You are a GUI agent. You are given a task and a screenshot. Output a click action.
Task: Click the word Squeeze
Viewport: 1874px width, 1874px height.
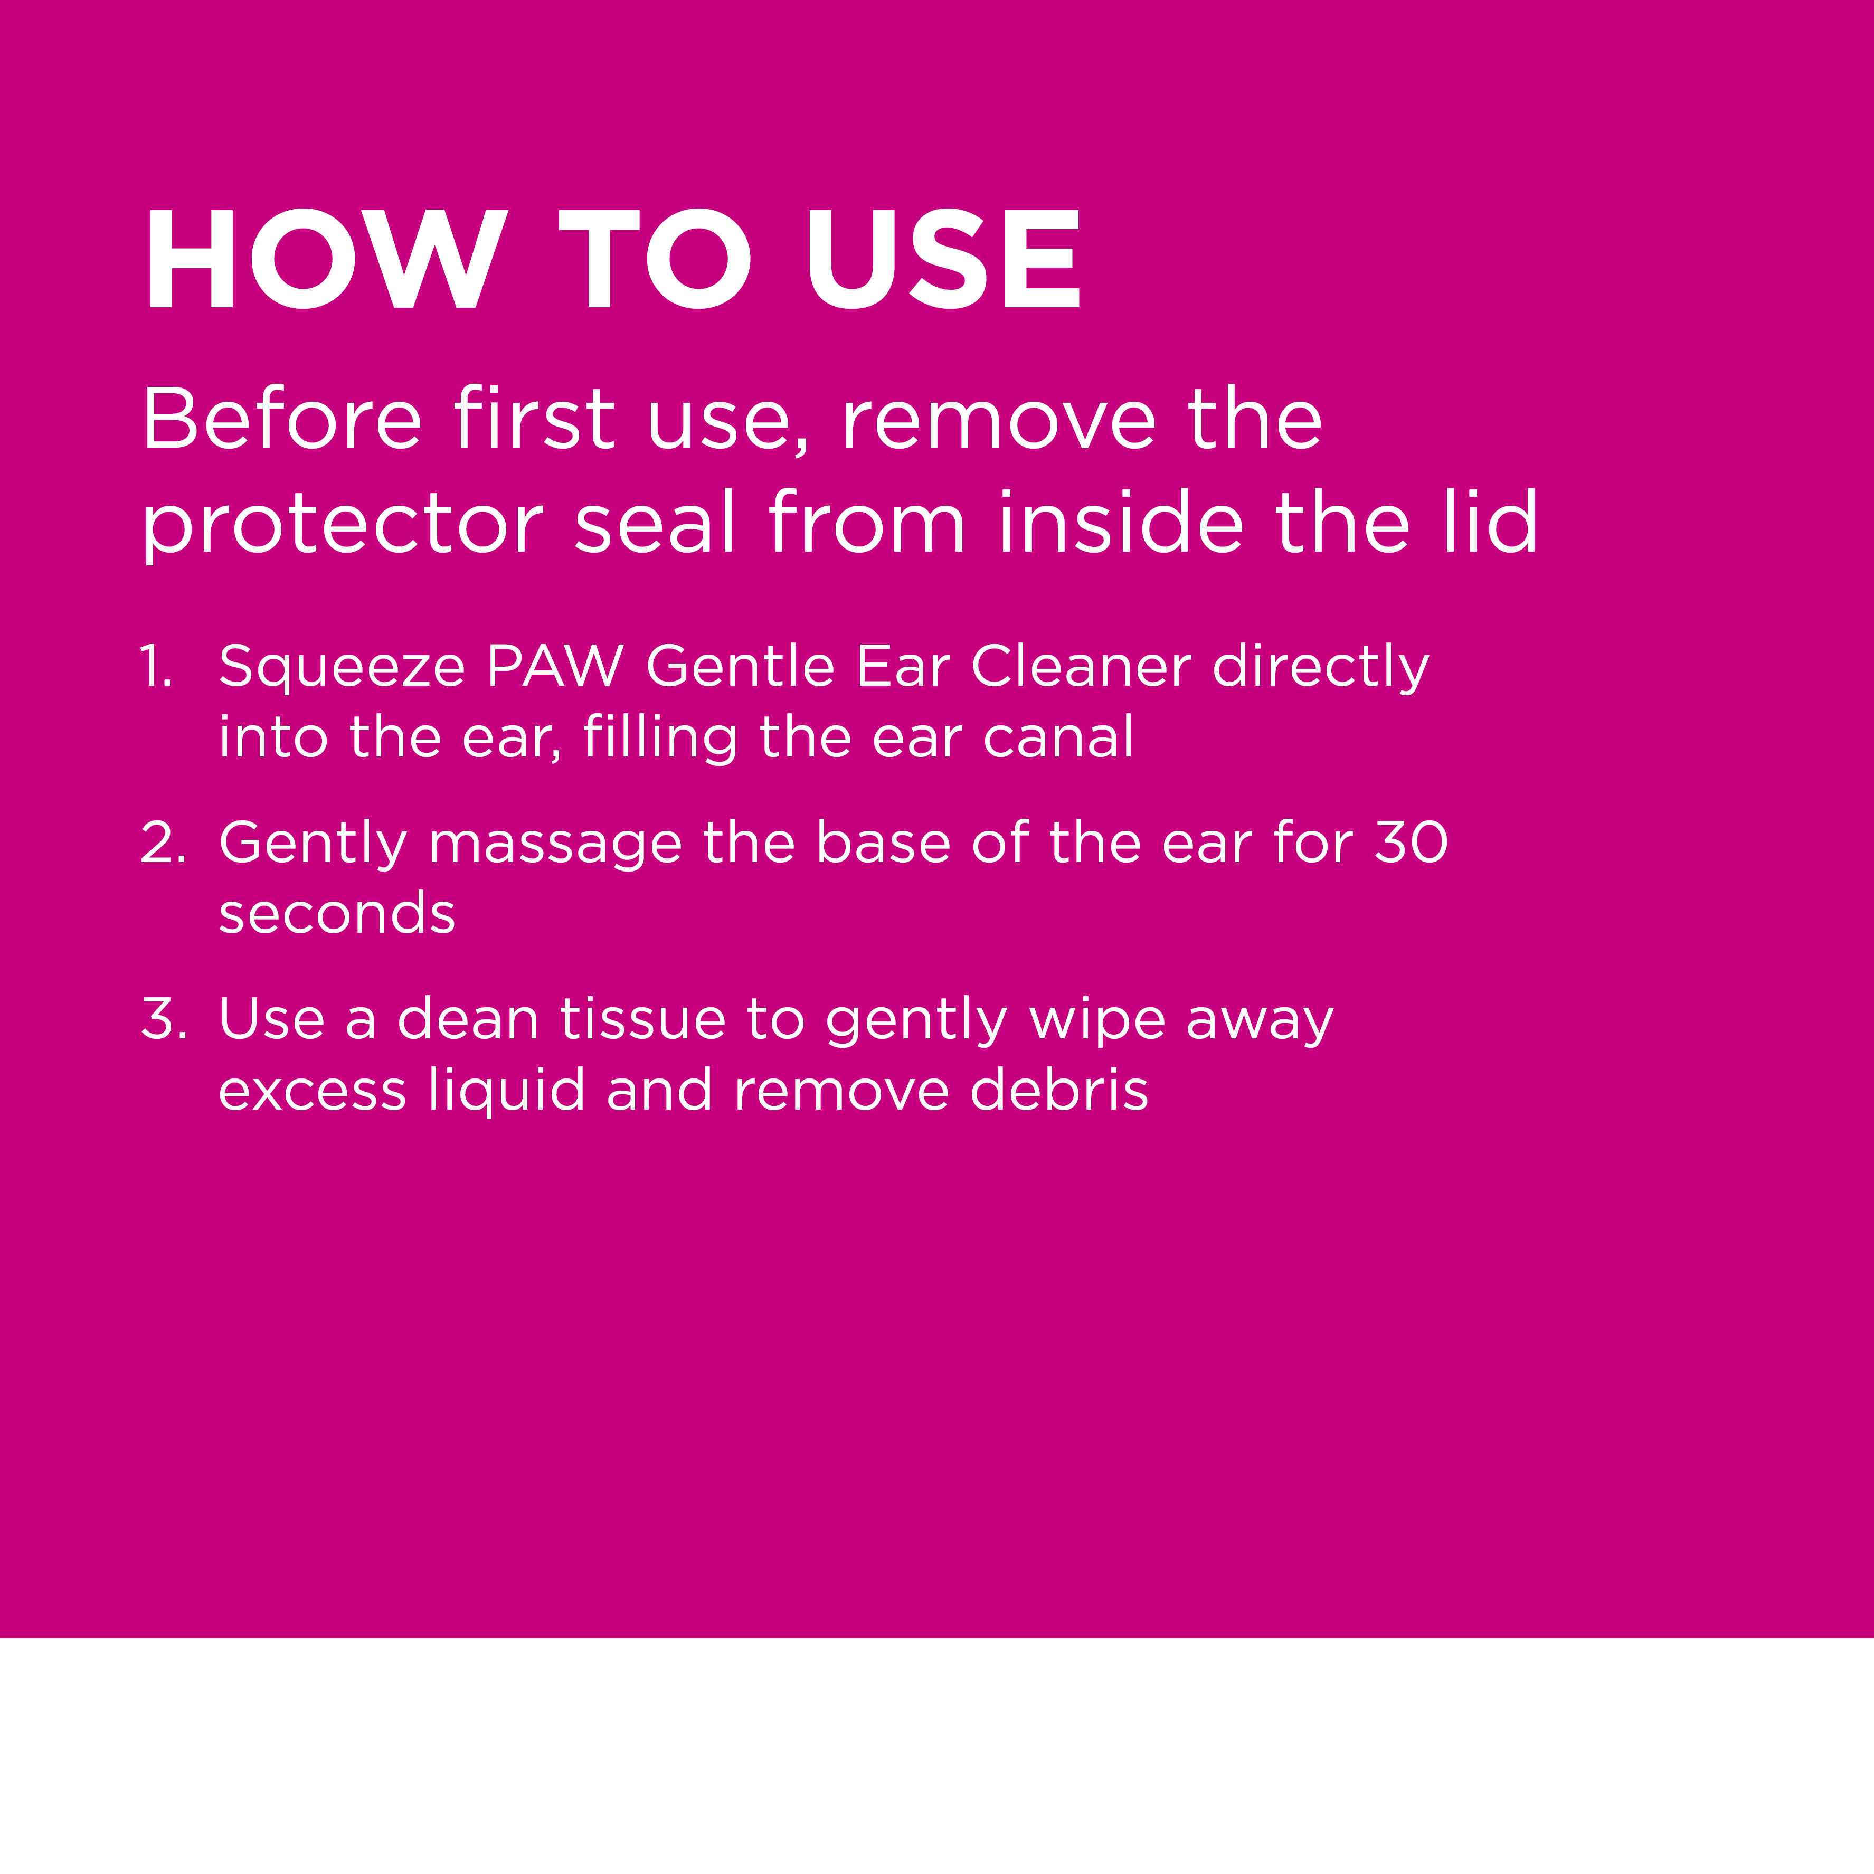[342, 669]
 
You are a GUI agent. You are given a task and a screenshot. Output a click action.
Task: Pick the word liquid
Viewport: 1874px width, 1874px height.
[506, 1093]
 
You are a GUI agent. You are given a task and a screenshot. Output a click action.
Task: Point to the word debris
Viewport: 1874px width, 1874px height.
[1059, 1090]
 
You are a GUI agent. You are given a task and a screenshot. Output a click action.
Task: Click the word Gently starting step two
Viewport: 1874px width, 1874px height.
[313, 846]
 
